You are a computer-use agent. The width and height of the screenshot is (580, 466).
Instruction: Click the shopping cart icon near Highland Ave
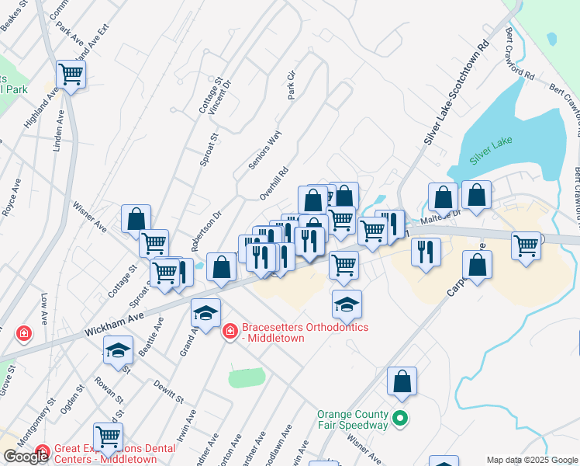click(x=71, y=75)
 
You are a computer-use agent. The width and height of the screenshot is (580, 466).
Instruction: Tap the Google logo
click(x=26, y=457)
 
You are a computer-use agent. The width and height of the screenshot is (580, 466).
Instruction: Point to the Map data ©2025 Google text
click(x=532, y=460)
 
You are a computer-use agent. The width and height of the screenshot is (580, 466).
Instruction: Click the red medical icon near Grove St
click(x=24, y=333)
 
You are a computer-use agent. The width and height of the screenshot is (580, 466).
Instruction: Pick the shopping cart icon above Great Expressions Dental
click(x=108, y=437)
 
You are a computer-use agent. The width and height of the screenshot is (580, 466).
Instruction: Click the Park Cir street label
click(x=292, y=85)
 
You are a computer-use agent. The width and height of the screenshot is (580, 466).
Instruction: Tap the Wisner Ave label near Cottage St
click(x=89, y=218)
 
